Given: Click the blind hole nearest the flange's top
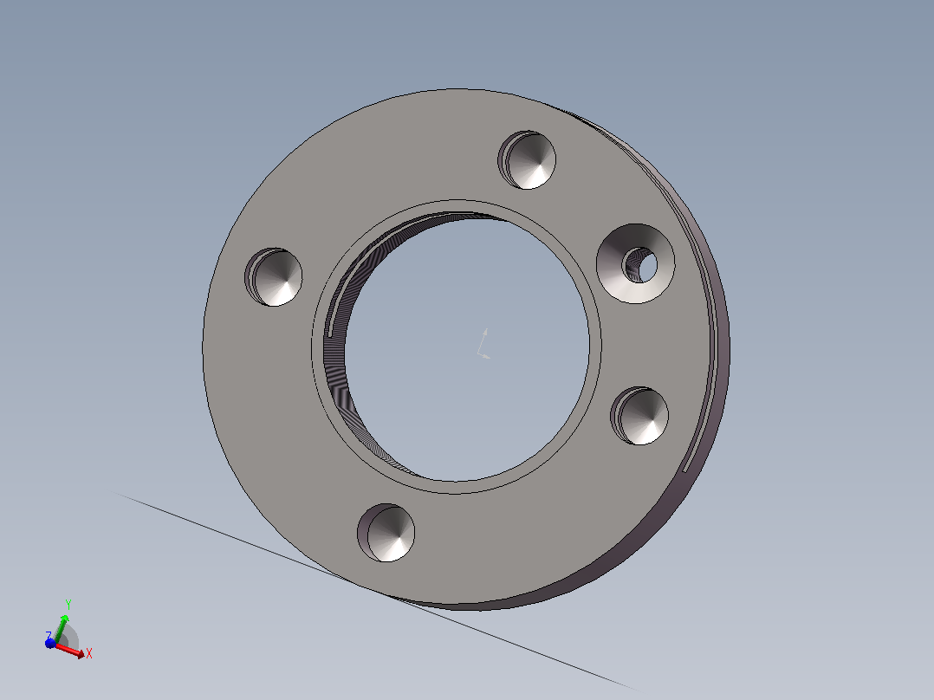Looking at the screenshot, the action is [x=527, y=160].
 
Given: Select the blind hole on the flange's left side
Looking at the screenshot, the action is [x=274, y=277].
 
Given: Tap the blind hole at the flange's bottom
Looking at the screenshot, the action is [x=386, y=533].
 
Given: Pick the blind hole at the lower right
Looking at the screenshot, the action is [x=639, y=416].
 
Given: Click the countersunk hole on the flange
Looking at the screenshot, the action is [x=636, y=264].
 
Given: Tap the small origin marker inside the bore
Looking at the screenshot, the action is [x=484, y=344].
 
